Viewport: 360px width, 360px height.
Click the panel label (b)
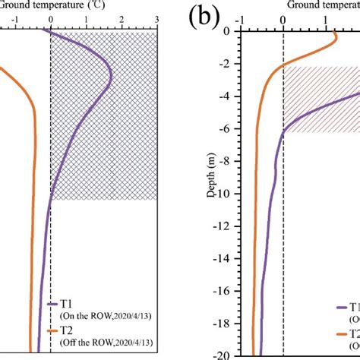point(202,16)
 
